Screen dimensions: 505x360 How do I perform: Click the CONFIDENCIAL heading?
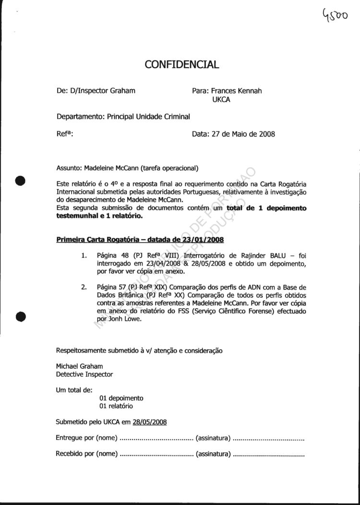coord(181,64)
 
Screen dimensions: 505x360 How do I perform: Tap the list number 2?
coord(84,287)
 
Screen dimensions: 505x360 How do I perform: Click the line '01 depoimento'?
coord(121,398)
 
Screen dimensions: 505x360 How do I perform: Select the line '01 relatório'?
coord(116,406)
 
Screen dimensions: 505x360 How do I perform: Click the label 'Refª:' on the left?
coord(64,134)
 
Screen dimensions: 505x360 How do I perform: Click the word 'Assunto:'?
coord(69,168)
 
